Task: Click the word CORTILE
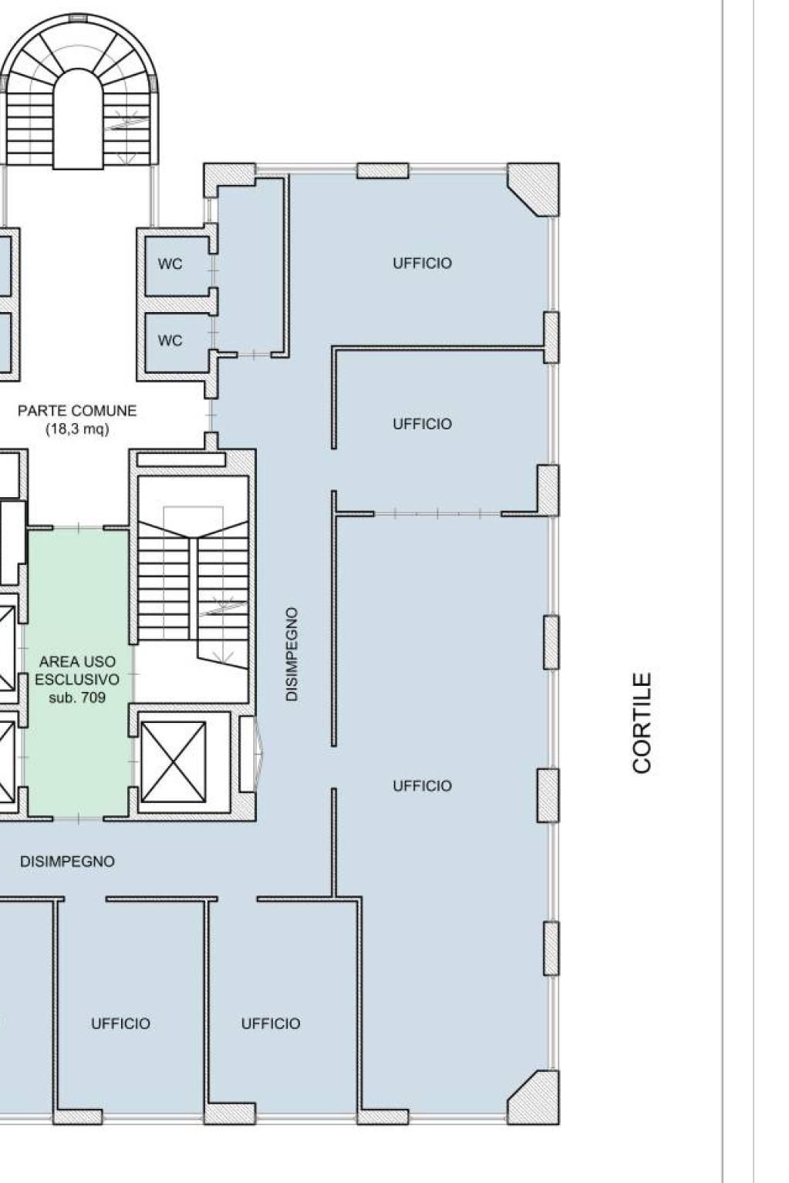click(642, 723)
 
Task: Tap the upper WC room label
click(170, 264)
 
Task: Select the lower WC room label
click(170, 341)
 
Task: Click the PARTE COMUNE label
click(77, 411)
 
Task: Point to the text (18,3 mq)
click(77, 429)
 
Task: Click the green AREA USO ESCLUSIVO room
click(78, 674)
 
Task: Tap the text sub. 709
click(77, 697)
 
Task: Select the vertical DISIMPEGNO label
click(292, 654)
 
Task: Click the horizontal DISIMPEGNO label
click(67, 862)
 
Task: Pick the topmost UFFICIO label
click(422, 263)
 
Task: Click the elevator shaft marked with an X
click(174, 762)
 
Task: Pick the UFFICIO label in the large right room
click(422, 786)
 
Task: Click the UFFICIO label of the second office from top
click(422, 424)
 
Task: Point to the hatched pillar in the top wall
click(383, 170)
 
